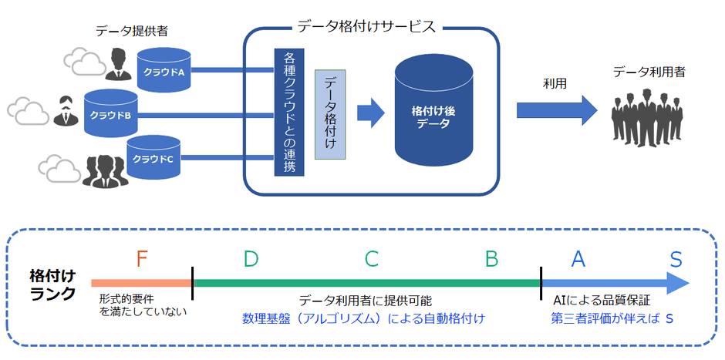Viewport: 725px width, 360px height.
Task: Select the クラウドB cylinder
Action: tap(110, 114)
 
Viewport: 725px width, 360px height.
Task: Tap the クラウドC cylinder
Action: tap(153, 157)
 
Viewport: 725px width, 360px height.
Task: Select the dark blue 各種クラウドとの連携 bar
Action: tap(288, 112)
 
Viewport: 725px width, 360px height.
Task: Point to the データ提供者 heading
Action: tap(131, 31)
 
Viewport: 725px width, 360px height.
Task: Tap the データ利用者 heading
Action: tap(649, 72)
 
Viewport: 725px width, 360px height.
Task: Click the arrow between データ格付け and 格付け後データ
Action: tap(371, 113)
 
